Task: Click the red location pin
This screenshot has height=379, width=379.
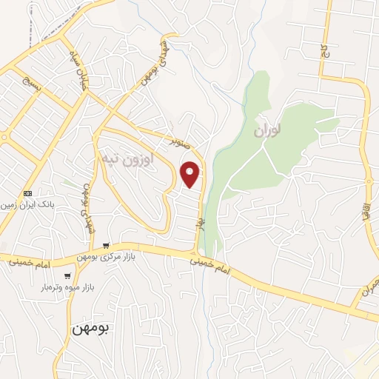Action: pos(191,174)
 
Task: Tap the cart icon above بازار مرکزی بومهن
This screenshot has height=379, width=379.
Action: pos(107,246)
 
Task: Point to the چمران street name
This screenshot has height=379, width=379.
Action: pos(369,288)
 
